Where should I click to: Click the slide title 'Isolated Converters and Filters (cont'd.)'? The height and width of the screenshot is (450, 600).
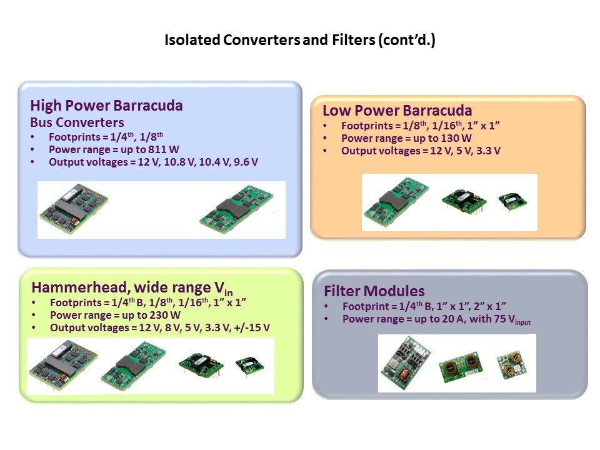(x=299, y=41)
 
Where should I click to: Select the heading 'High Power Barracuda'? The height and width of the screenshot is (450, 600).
(x=106, y=106)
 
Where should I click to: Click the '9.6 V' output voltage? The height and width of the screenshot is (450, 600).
(x=245, y=162)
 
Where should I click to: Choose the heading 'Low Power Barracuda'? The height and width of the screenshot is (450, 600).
(x=397, y=111)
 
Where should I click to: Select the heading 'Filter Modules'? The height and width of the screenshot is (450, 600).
(x=374, y=291)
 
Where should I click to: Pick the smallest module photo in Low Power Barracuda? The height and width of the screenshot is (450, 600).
(x=512, y=201)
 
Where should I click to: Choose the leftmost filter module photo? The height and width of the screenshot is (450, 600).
(x=404, y=362)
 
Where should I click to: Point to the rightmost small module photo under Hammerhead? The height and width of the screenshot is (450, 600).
(x=248, y=366)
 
